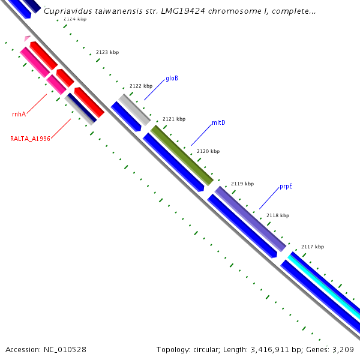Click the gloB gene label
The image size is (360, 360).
172,78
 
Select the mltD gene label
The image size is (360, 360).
218,123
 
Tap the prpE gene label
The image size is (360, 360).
286,187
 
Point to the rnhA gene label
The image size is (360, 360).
19,114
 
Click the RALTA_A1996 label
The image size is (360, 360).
30,139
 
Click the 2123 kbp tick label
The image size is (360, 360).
107,53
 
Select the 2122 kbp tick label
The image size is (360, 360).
141,86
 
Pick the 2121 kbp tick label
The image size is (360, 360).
174,119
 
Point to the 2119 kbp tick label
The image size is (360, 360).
242,184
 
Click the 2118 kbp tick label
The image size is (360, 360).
278,215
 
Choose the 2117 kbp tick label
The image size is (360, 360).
313,247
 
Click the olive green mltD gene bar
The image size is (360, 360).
182,155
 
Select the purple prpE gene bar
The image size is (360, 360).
250,219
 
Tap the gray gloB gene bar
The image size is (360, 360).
134,109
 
